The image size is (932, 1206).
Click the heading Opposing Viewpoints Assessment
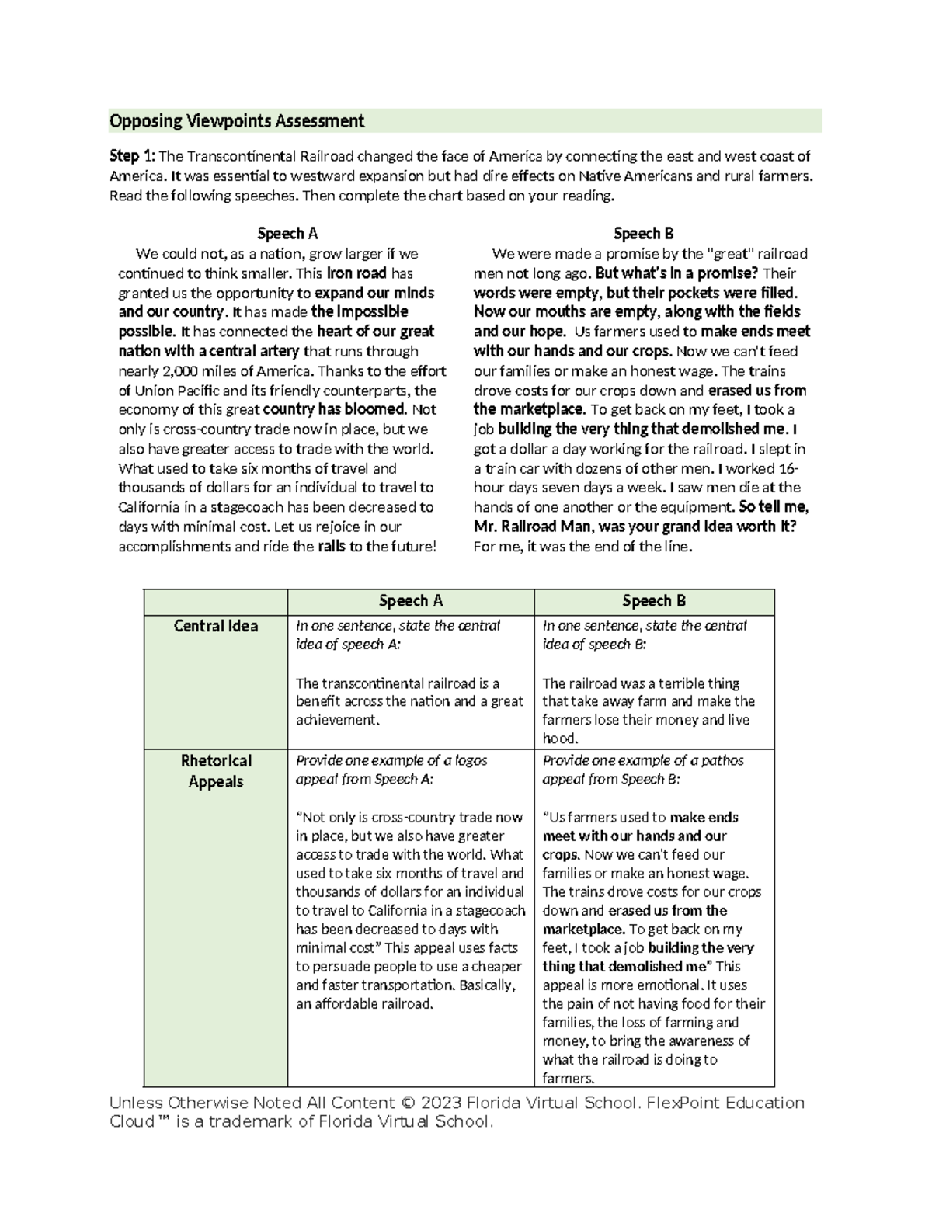click(x=236, y=121)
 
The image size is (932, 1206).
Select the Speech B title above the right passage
click(x=643, y=234)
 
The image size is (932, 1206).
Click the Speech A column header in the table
click(x=410, y=601)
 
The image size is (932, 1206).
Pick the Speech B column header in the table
click(x=654, y=601)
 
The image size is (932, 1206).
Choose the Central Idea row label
click(x=215, y=626)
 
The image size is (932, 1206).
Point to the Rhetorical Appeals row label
click(x=215, y=770)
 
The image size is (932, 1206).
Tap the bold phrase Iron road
click(x=356, y=273)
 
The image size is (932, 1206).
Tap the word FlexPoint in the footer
click(x=677, y=1103)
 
